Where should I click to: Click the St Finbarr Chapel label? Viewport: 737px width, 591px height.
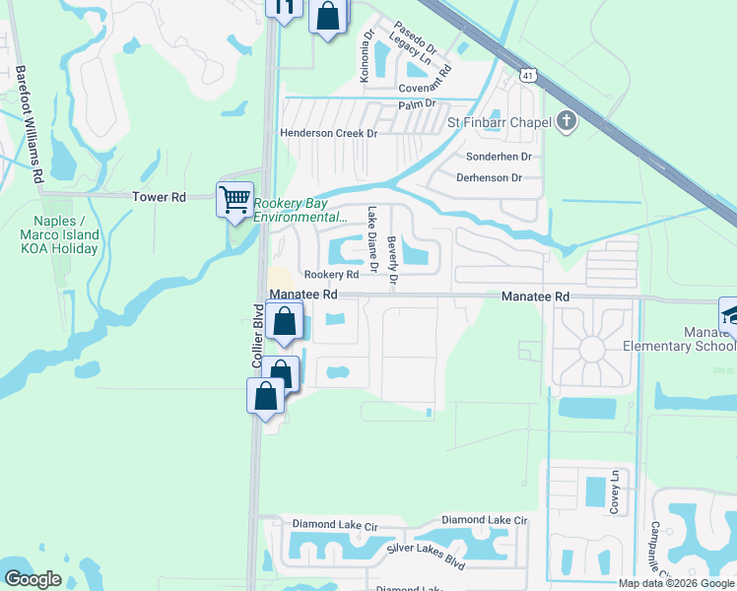[497, 122]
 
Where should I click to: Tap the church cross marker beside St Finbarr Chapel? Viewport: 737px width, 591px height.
[566, 121]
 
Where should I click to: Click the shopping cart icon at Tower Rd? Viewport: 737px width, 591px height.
[235, 200]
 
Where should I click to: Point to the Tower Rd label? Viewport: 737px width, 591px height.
[160, 197]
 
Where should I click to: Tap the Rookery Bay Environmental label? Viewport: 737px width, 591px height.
[300, 211]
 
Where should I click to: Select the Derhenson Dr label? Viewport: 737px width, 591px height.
[489, 177]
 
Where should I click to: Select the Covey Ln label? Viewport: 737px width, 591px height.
[614, 491]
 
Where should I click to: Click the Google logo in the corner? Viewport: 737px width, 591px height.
[33, 579]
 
